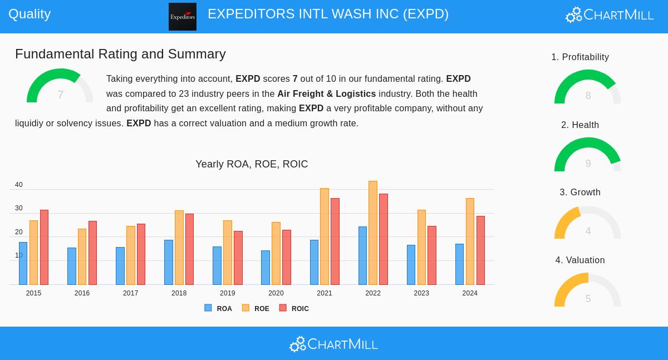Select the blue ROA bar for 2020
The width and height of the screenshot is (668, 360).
point(265,268)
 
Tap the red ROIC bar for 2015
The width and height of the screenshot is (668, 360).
point(44,247)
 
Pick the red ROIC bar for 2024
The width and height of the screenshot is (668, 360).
point(480,250)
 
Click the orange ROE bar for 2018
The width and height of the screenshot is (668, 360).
point(179,248)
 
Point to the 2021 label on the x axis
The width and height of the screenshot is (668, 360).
point(325,293)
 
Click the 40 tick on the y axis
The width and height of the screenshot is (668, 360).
point(19,185)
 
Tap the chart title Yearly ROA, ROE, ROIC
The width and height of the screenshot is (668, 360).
point(252,164)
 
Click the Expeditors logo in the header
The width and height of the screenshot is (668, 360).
point(183,17)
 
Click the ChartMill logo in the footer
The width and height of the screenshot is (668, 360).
point(333,344)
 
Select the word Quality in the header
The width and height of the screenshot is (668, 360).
point(30,14)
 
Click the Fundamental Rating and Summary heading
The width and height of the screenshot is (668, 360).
point(120,54)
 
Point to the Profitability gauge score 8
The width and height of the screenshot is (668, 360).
point(588,96)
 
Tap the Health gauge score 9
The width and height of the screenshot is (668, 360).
point(588,164)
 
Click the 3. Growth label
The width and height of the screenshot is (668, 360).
point(580,193)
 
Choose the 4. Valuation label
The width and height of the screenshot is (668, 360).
point(580,260)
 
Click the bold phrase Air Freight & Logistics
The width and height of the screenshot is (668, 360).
point(326,94)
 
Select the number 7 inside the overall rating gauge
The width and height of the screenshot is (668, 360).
point(60,95)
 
